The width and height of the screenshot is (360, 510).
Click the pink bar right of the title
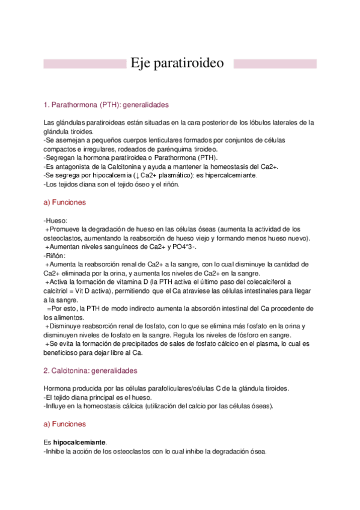pos(274,64)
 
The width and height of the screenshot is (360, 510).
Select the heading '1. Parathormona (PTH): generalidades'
pos(102,105)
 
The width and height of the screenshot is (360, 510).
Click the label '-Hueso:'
pos(55,221)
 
